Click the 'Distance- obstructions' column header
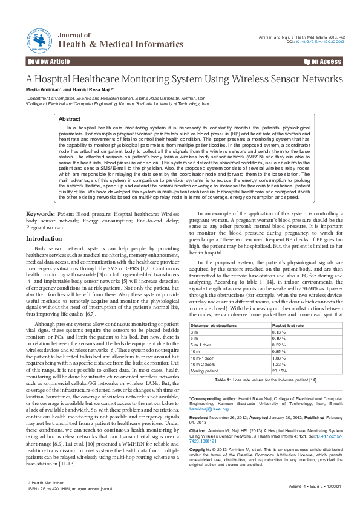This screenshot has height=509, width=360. tap(209, 326)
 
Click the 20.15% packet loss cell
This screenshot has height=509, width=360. tap(280, 371)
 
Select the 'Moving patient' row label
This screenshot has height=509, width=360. tap(205, 371)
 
